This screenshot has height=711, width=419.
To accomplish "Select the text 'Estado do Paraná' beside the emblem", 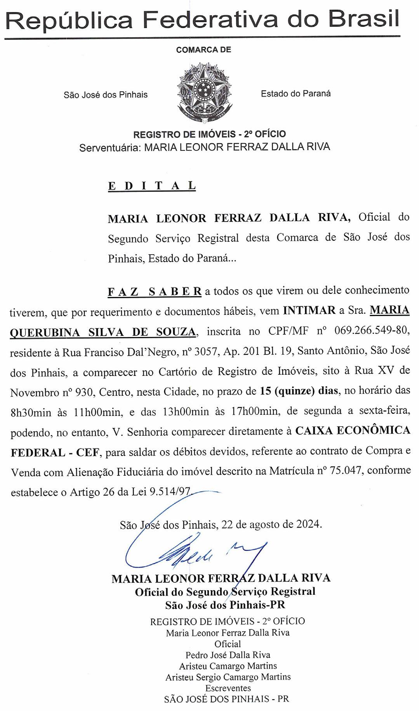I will pyautogui.click(x=296, y=93).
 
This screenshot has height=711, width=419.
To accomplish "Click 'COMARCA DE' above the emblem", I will pyautogui.click(x=203, y=50).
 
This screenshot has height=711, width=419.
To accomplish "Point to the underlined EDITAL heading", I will pyautogui.click(x=151, y=186).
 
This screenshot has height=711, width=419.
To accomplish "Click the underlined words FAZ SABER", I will pyautogui.click(x=154, y=291).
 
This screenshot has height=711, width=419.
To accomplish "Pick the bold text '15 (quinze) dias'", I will pyautogui.click(x=299, y=391).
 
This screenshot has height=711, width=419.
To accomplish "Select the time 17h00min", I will pyautogui.click(x=256, y=411).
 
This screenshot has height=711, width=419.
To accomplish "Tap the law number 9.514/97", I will pyautogui.click(x=171, y=492).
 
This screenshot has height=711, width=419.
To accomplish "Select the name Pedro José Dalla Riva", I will pyautogui.click(x=228, y=655).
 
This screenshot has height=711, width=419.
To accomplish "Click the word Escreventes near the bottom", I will pyautogui.click(x=228, y=688).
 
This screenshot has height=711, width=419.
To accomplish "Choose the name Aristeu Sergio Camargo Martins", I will pyautogui.click(x=228, y=677).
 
